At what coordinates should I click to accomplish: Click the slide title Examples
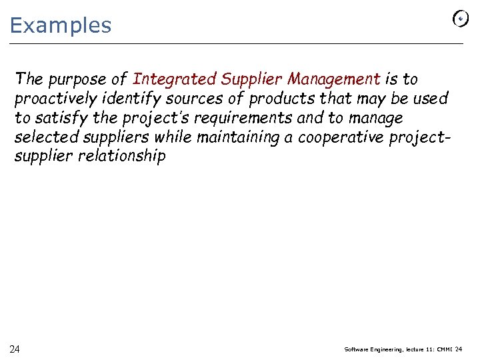[61, 26]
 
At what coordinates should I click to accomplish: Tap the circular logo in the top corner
[460, 19]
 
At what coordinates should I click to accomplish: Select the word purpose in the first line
[71, 79]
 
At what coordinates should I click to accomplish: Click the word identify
[124, 99]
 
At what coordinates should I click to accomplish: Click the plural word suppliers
[109, 138]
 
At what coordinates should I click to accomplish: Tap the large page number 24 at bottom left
[15, 349]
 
